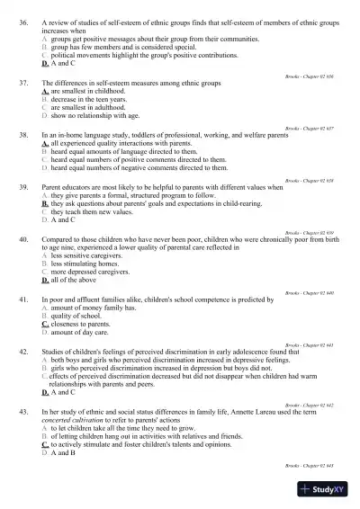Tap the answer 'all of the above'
[76, 281]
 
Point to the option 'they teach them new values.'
[94, 211]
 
